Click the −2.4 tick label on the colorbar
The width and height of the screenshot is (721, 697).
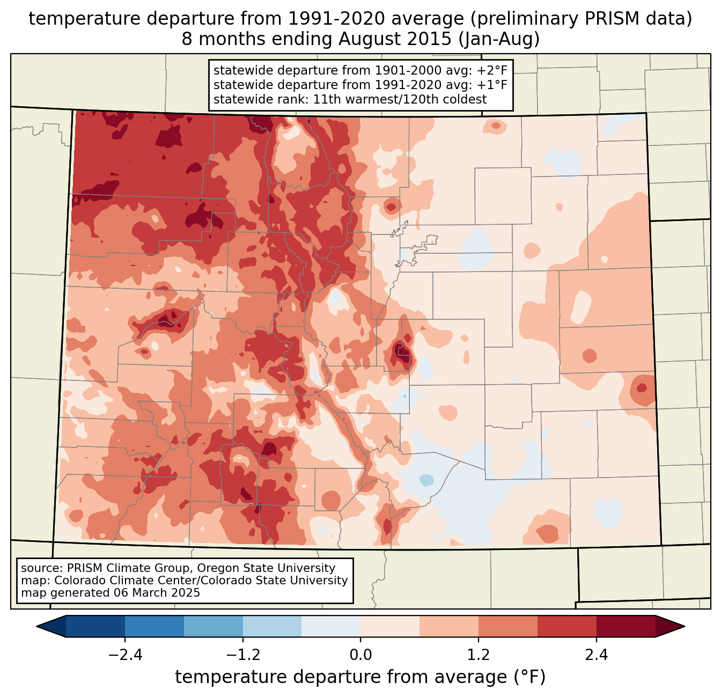click(125, 655)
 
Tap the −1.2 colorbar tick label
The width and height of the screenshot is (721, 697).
click(242, 655)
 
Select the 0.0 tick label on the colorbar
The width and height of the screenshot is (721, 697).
click(360, 655)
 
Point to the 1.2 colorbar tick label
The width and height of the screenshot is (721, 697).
click(479, 655)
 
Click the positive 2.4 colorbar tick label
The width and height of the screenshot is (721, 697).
click(596, 655)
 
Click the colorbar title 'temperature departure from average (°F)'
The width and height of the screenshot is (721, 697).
click(360, 677)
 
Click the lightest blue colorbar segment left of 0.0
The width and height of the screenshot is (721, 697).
click(331, 626)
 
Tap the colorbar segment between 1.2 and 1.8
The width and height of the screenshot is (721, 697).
click(508, 626)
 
